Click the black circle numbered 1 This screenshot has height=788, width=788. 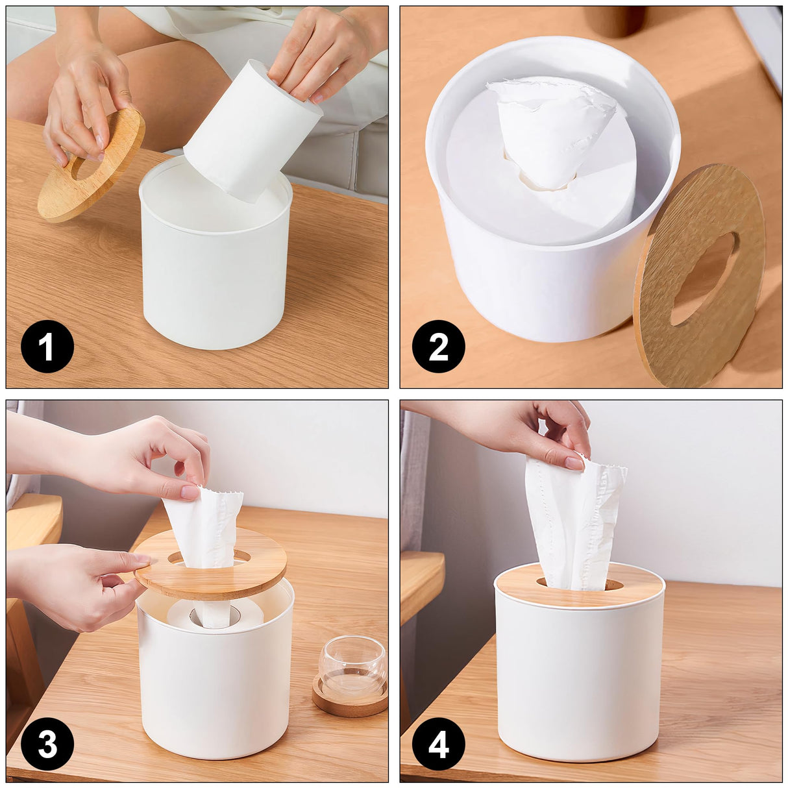click(x=47, y=346)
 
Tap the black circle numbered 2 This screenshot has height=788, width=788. click(x=438, y=346)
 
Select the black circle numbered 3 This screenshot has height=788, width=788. click(x=47, y=744)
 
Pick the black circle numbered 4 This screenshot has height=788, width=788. click(x=438, y=744)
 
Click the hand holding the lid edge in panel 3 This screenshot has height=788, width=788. click(x=71, y=584)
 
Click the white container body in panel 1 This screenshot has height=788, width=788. click(x=214, y=286)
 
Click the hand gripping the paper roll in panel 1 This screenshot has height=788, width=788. click(x=325, y=52)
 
